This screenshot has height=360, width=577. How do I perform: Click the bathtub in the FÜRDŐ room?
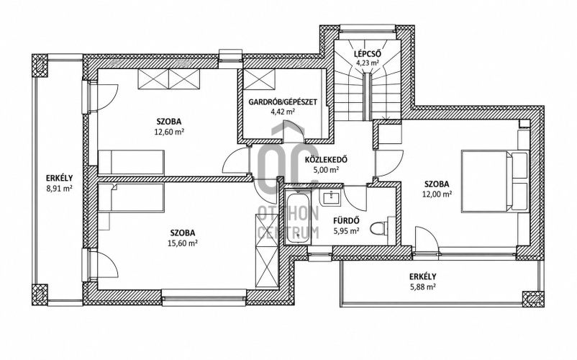[x=298, y=219]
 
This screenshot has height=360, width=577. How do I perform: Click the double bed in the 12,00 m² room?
[x=494, y=182]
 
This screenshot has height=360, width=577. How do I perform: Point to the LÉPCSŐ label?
[x=367, y=54]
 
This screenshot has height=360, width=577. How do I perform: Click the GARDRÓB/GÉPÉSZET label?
[x=283, y=102]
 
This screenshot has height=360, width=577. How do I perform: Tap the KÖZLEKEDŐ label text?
[x=326, y=160]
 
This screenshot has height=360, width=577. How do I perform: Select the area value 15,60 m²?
[x=183, y=243]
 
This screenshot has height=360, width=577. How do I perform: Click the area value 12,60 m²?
[x=169, y=131]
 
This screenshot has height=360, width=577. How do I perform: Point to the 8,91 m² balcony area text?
[x=59, y=189]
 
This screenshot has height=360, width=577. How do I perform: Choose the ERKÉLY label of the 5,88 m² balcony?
[x=423, y=276]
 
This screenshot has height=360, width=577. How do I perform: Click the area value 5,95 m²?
[x=346, y=231]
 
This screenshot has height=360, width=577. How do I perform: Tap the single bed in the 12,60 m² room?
[x=131, y=161]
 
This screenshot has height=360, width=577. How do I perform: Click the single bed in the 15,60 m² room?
[x=131, y=197]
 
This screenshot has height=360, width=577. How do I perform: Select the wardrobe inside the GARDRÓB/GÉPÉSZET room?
[x=260, y=79]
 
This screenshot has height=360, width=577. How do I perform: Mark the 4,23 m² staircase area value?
[x=367, y=63]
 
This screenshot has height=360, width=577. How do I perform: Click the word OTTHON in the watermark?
[x=288, y=213]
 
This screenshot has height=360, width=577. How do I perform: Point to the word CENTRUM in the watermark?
[x=288, y=233]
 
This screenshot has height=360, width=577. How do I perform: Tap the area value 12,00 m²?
[x=437, y=194]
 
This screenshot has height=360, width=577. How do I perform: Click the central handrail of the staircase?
[x=366, y=96]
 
